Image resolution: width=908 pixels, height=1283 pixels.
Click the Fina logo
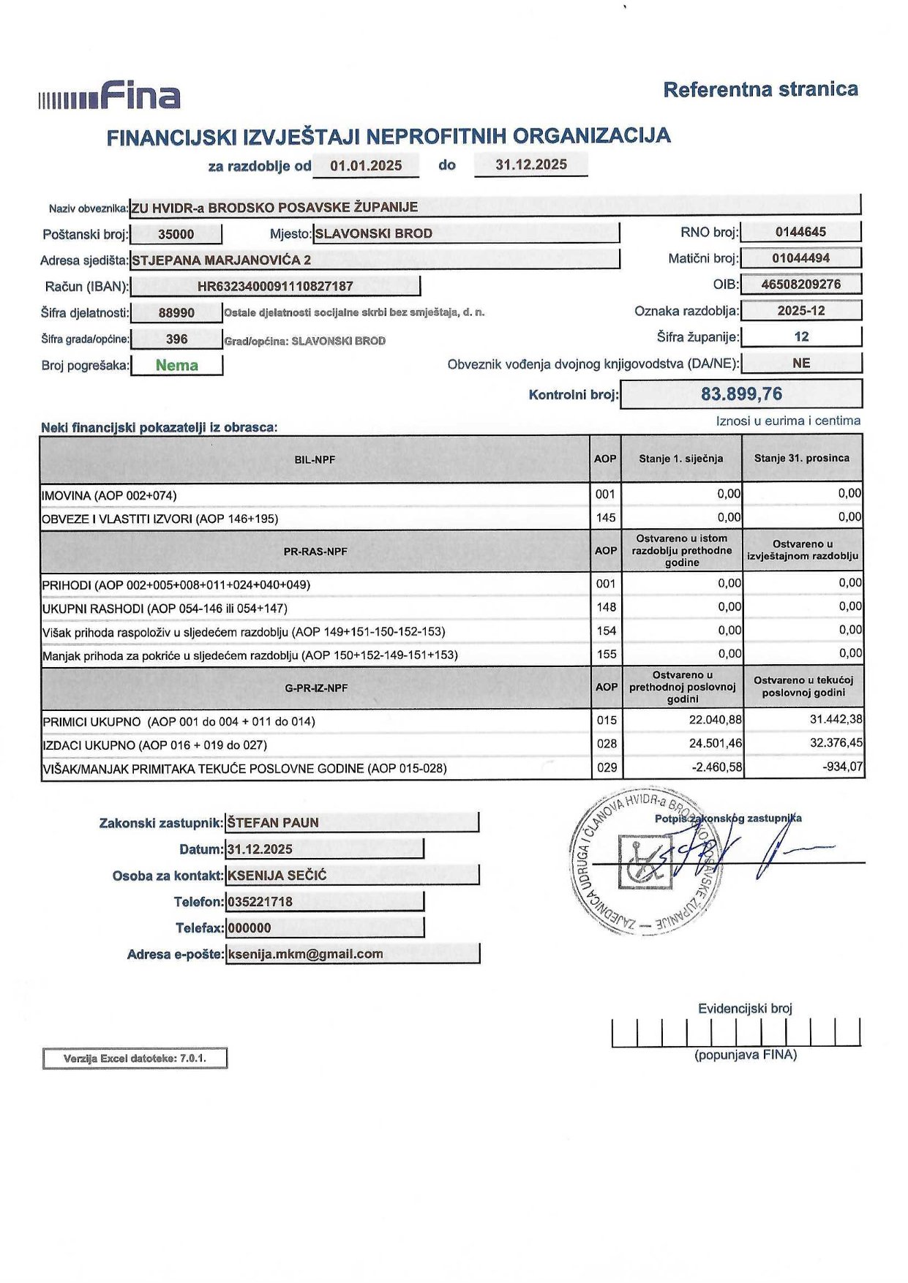110,96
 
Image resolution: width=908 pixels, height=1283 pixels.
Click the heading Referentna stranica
760,89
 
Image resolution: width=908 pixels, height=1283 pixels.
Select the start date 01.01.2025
366,165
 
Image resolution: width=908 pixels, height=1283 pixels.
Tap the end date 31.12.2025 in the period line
531,165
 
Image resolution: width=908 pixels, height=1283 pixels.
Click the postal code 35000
176,234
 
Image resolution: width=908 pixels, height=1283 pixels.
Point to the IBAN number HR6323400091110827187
275,286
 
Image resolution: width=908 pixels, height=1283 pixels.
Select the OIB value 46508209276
800,284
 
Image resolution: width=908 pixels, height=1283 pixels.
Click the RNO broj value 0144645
800,232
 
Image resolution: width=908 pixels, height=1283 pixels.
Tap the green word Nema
176,365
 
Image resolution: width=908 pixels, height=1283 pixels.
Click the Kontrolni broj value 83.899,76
741,394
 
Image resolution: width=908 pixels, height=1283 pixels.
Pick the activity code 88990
176,313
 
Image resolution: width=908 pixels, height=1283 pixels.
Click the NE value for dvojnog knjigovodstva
801,363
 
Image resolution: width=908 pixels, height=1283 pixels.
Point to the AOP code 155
606,654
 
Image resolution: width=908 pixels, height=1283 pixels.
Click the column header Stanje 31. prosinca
802,458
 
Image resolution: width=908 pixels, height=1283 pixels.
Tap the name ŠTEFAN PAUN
273,822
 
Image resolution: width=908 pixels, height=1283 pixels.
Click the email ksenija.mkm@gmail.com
306,954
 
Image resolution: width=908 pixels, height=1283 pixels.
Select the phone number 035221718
260,901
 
